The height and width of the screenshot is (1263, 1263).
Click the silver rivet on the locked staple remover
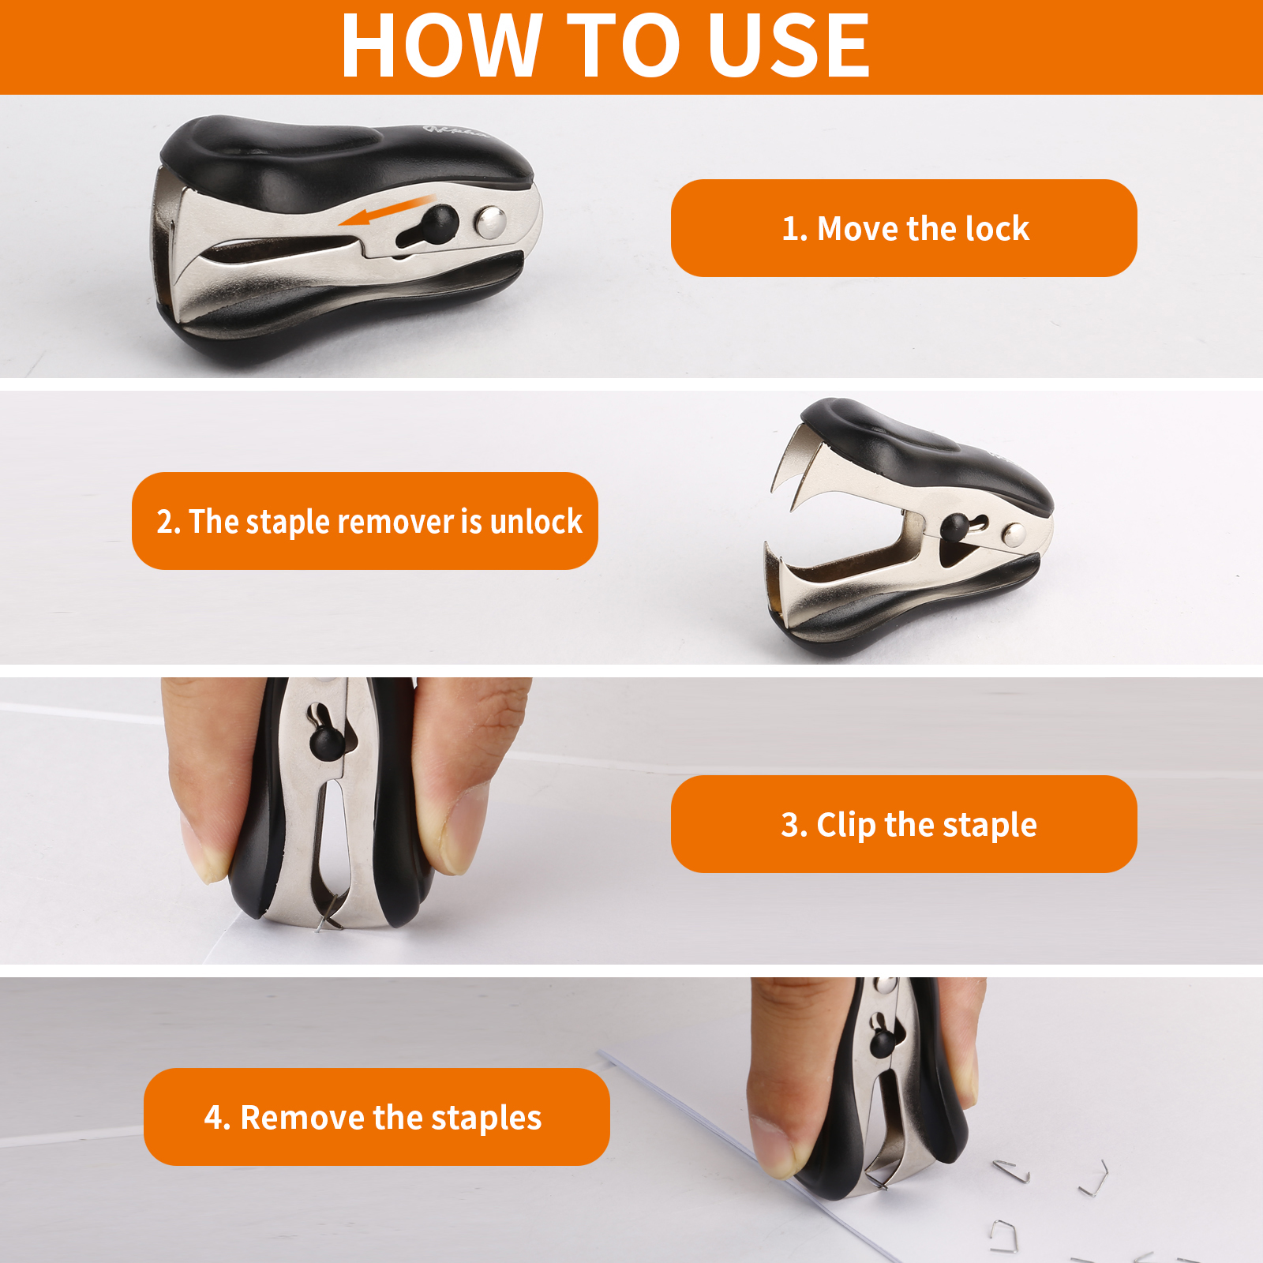coord(490,222)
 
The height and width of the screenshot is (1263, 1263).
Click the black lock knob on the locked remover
coord(439,223)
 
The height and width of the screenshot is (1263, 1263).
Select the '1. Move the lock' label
coord(904,228)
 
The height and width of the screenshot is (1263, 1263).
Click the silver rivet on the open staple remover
coord(1013,536)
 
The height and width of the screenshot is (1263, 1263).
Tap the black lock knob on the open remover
coord(957,528)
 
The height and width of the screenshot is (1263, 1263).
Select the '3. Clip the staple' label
coord(904,824)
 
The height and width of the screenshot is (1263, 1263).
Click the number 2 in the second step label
coord(164,522)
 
